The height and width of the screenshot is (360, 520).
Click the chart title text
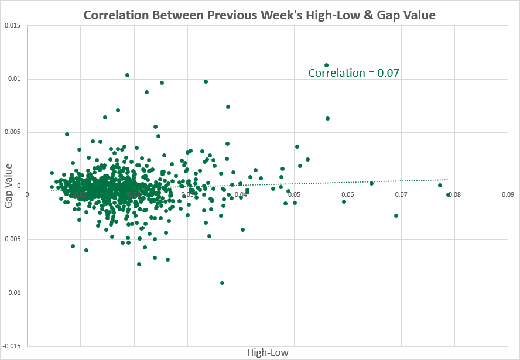point(259,15)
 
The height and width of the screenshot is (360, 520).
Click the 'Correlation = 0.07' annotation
point(354,73)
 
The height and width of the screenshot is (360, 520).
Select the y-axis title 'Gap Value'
point(10,186)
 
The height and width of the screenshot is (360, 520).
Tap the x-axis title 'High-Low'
point(268,352)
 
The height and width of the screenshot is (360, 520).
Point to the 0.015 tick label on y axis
point(12,25)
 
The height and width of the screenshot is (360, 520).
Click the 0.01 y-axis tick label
point(15,79)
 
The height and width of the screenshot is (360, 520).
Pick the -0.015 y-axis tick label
point(11,346)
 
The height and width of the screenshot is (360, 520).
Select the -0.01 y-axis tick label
point(13,293)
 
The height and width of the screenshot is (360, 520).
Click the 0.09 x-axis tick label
point(507,194)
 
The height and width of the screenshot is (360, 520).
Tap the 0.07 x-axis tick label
point(401,194)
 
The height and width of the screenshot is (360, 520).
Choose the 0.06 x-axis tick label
point(347,194)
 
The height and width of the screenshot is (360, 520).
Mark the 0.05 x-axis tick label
point(294,194)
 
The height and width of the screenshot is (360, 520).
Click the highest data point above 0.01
point(326,65)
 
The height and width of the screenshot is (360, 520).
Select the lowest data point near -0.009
point(223,283)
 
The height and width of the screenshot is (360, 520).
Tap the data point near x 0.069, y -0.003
point(396,215)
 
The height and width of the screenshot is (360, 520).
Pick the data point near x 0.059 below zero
point(344,201)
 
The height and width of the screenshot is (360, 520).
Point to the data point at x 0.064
point(371,183)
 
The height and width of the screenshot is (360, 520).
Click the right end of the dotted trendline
point(448,179)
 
